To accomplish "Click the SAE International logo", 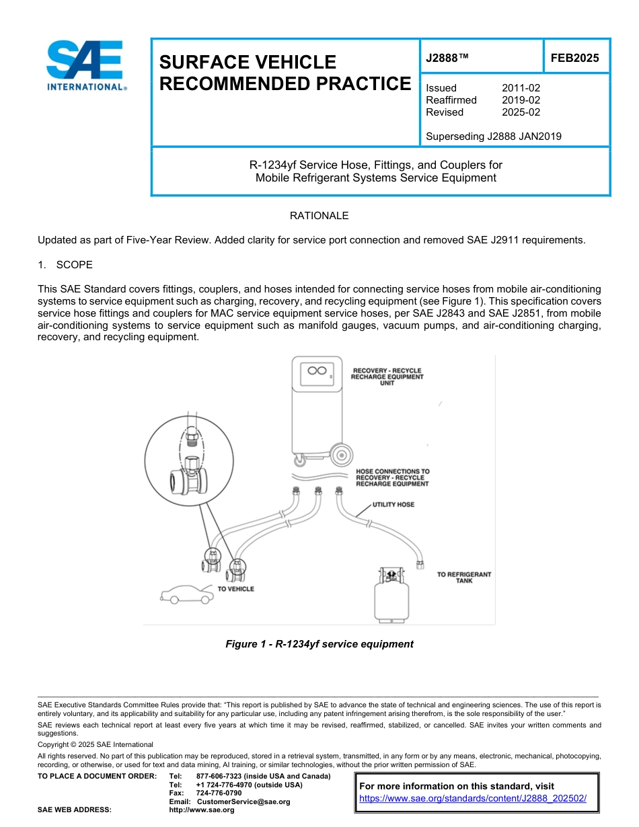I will (86, 65).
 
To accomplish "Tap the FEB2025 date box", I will (574, 58).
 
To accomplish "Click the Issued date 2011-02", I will (521, 88).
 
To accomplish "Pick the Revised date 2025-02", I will (521, 112).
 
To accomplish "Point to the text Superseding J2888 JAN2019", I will (494, 136).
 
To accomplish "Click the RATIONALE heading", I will (319, 216).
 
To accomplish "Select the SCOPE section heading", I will (74, 265).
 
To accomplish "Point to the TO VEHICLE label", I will (235, 589).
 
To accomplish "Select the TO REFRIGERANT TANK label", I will (464, 578).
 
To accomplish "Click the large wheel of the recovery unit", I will (342, 455).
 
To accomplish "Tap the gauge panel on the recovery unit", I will (315, 371).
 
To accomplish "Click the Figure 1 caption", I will (319, 644).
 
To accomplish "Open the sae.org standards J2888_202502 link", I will (473, 798).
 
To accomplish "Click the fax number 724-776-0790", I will (219, 793).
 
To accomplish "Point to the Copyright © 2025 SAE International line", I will (96, 744).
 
